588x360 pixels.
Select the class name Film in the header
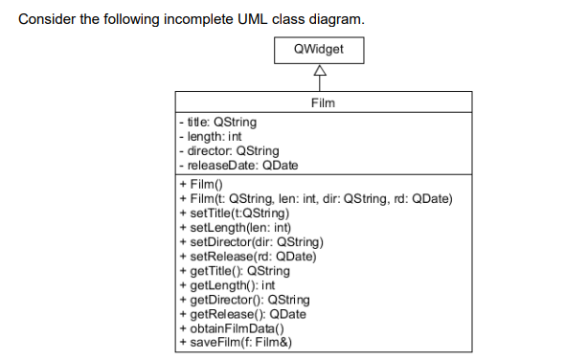(x=323, y=102)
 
